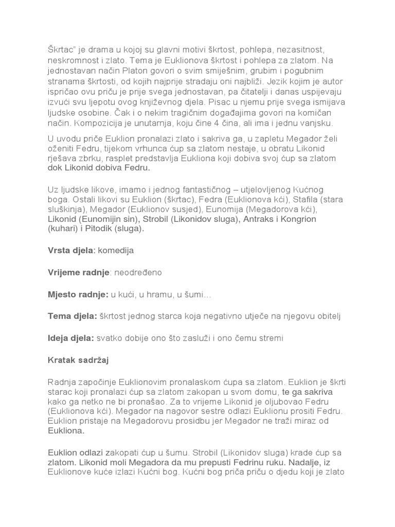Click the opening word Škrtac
61,49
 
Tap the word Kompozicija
100,123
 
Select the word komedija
117,250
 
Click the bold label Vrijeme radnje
78,272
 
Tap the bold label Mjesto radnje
78,294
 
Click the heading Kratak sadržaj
78,360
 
